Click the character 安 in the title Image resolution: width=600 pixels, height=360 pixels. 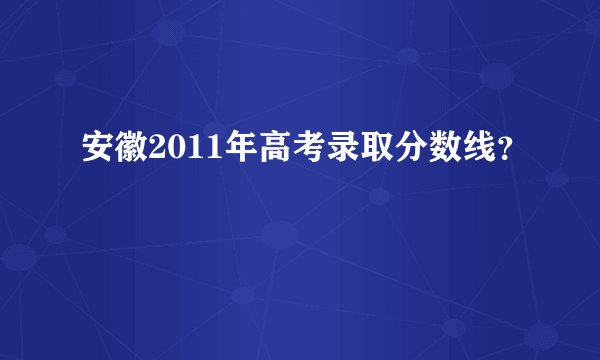99,151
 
